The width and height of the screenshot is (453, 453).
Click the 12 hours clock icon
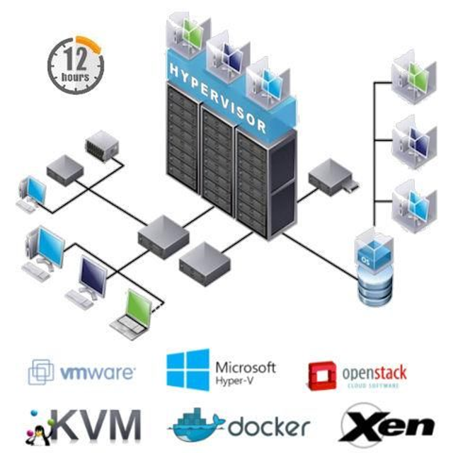pyautogui.click(x=75, y=64)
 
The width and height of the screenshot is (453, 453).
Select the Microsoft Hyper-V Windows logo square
pyautogui.click(x=188, y=369)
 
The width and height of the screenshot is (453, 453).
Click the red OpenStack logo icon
pyautogui.click(x=322, y=374)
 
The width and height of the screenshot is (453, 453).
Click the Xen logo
pyautogui.click(x=387, y=425)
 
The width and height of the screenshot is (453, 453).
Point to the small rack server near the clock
pyautogui.click(x=101, y=145)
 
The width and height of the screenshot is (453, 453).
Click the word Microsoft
pyautogui.click(x=244, y=367)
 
